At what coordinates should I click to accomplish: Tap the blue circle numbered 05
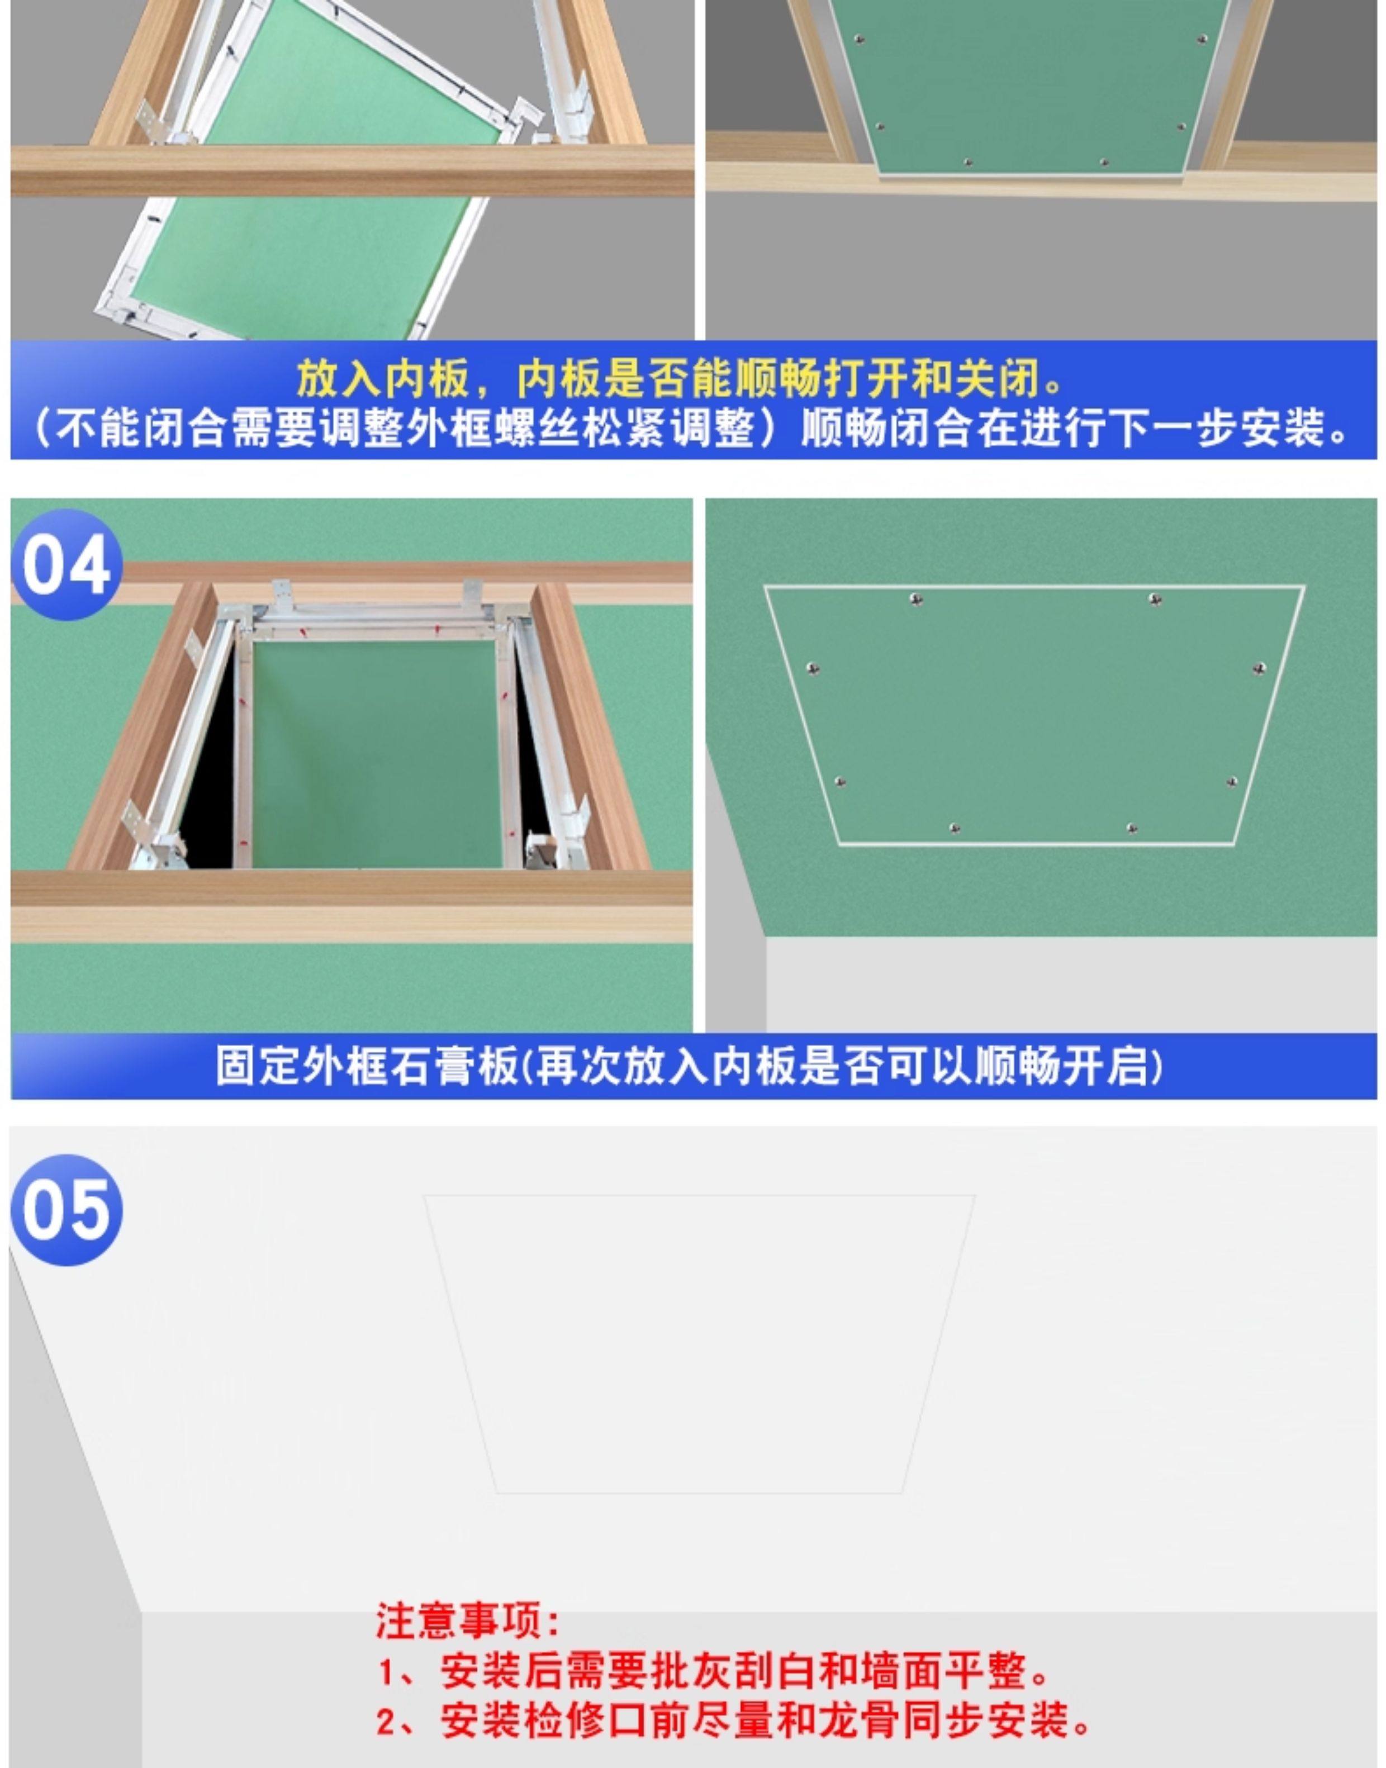coord(67,1210)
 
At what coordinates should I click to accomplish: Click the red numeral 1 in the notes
coord(388,1672)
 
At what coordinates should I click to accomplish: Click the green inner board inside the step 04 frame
coord(373,750)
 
